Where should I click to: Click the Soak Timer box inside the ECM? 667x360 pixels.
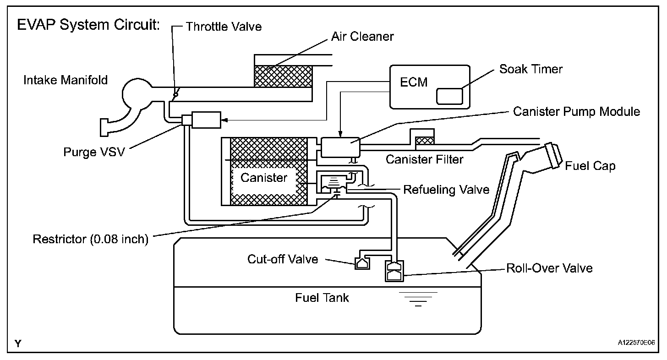coord(449,96)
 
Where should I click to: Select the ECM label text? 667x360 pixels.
coord(414,82)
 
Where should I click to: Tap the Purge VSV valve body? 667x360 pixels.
coord(206,120)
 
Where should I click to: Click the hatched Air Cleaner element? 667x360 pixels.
coord(283,75)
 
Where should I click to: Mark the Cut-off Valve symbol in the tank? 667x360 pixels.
coord(362,263)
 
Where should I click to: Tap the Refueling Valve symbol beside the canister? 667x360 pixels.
coord(333,184)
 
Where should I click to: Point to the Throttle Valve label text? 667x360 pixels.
coord(224,26)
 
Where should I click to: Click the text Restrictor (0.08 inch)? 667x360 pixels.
coord(91,240)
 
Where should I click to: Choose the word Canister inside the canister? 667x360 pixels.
coord(264,178)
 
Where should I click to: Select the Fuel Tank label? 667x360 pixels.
coord(322,298)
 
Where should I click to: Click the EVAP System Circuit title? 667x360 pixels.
coord(88,25)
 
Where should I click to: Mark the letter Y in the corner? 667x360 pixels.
coord(18,344)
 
